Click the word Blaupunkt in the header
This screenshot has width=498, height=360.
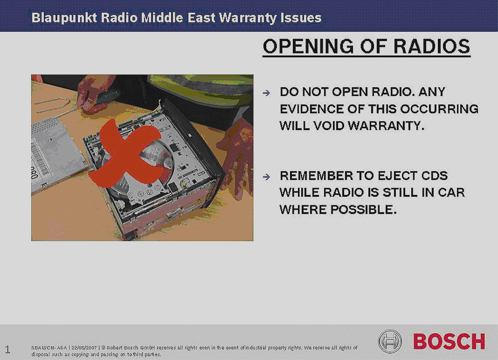[x=64, y=18]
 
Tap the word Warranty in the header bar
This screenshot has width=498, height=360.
[x=248, y=18]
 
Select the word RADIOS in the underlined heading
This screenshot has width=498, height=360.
[x=432, y=46]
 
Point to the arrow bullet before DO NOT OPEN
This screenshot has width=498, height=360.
[x=266, y=93]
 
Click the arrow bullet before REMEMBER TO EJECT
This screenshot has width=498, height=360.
[x=266, y=177]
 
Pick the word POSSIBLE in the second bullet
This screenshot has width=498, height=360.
[x=364, y=210]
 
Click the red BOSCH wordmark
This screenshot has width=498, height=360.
[x=449, y=341]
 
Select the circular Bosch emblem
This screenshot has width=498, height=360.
[x=390, y=341]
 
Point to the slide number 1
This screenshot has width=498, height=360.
[x=7, y=350]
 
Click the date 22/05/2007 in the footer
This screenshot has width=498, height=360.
[x=84, y=347]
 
